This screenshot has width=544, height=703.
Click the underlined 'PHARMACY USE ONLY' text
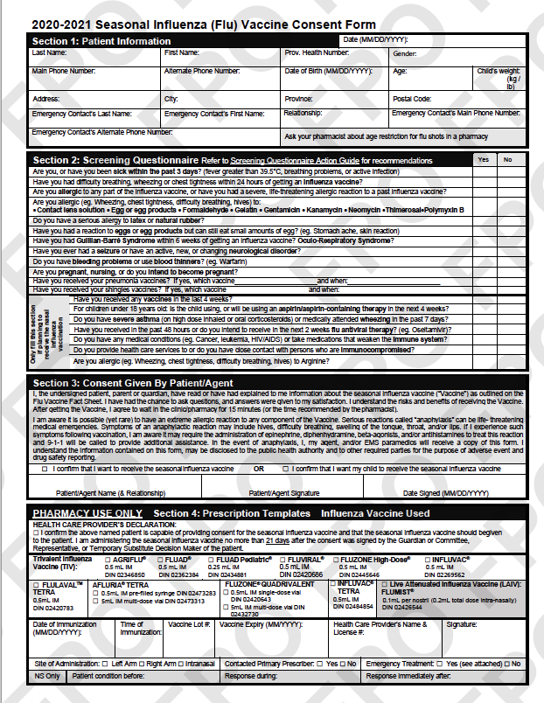tap(84, 513)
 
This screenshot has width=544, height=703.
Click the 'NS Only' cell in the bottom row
tap(47, 676)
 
